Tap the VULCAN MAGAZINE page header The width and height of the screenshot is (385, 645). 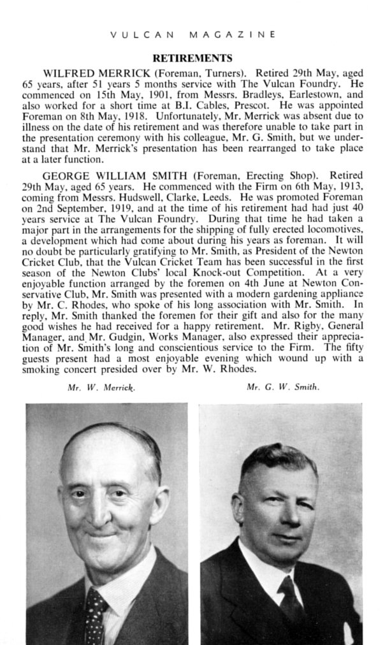tap(192, 34)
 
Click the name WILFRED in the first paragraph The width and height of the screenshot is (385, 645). tap(66, 73)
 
